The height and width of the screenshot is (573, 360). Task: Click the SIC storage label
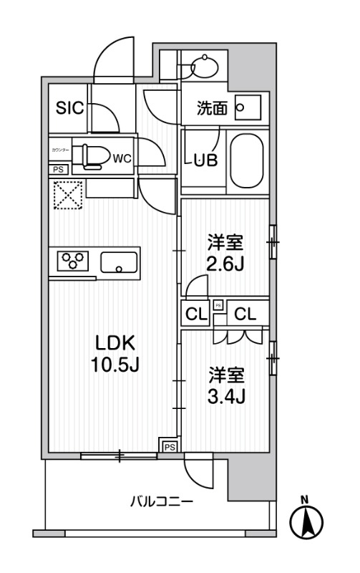(71, 109)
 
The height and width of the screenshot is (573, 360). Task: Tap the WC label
(121, 158)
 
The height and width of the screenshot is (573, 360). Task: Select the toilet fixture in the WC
(92, 155)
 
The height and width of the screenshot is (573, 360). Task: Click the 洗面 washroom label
(213, 109)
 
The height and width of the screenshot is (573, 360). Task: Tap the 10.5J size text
(113, 365)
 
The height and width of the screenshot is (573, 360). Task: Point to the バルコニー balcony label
(161, 502)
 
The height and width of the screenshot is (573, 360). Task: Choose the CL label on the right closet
(245, 313)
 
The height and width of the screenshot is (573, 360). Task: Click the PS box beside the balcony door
(169, 446)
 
